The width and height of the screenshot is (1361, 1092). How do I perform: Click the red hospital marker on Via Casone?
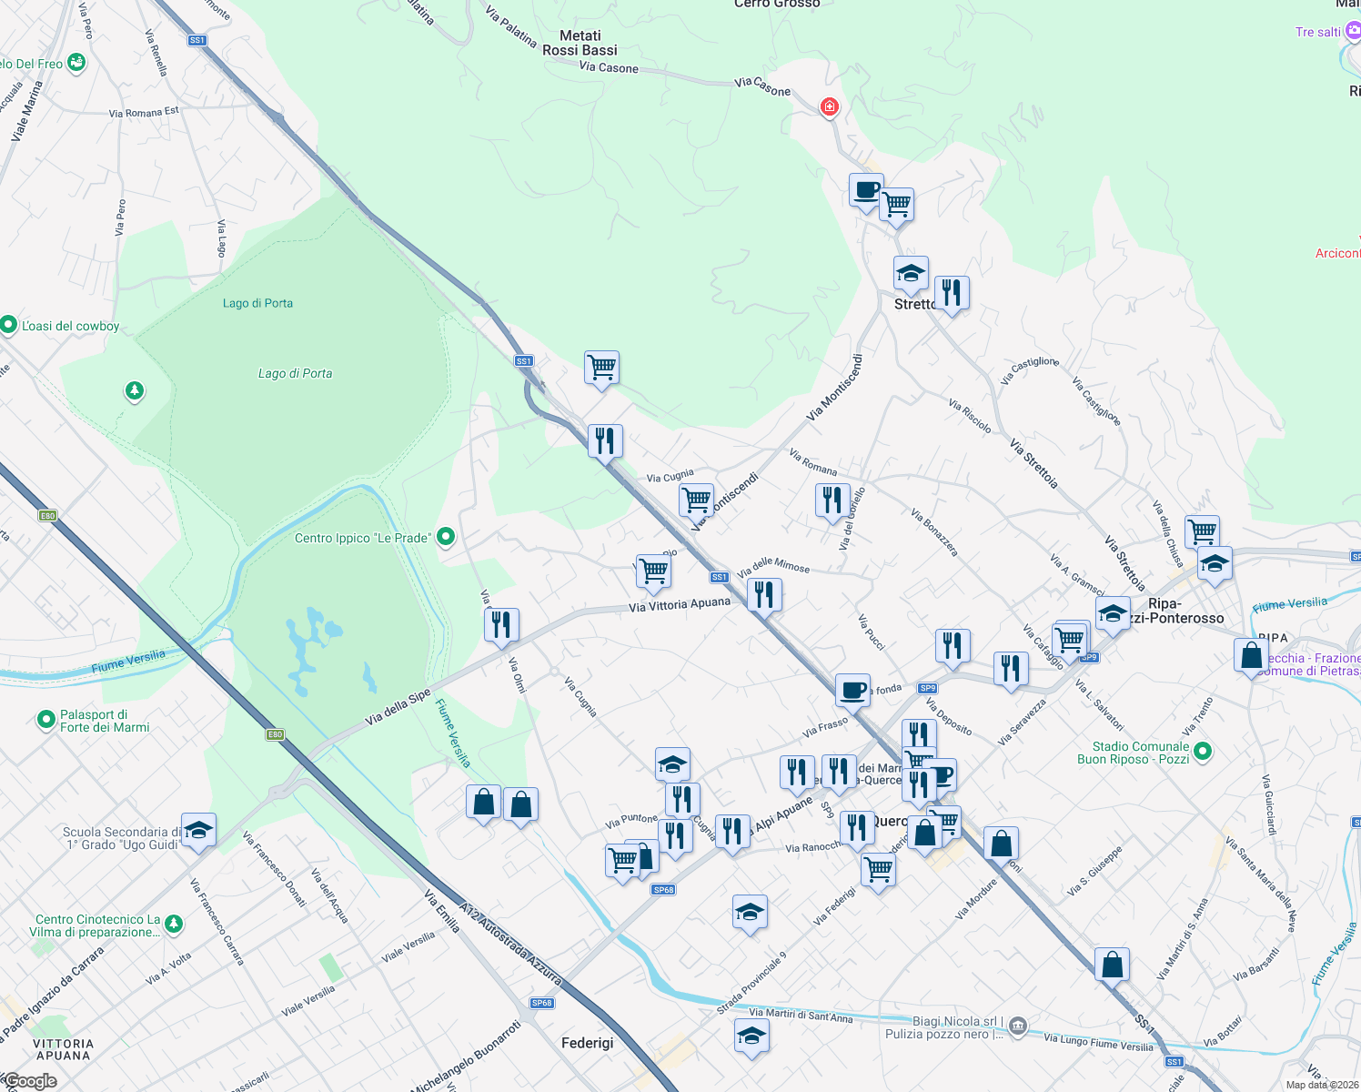829,107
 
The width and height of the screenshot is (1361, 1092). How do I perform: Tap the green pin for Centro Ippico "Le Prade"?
446,537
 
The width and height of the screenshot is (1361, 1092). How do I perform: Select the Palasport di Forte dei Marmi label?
106,721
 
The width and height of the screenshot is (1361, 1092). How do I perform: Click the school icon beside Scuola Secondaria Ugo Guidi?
198,830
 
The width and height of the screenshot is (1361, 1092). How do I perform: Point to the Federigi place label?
587,1043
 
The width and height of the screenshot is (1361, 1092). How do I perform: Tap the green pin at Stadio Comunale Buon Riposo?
1203,752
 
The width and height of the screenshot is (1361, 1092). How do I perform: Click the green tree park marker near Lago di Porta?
135,391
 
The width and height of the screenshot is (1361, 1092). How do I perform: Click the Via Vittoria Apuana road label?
680,604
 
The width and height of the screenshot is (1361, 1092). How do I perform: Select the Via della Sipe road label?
398,708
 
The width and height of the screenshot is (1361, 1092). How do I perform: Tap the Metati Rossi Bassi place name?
580,43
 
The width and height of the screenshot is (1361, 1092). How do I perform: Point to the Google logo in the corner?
30,1081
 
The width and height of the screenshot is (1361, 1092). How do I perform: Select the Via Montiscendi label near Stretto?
833,387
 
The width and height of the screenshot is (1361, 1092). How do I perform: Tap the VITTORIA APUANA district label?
64,1049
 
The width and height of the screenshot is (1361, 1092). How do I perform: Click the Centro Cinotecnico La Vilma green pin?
174,925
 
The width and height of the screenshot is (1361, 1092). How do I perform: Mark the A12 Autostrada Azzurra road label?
510,945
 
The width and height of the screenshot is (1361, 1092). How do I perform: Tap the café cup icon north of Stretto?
866,191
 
